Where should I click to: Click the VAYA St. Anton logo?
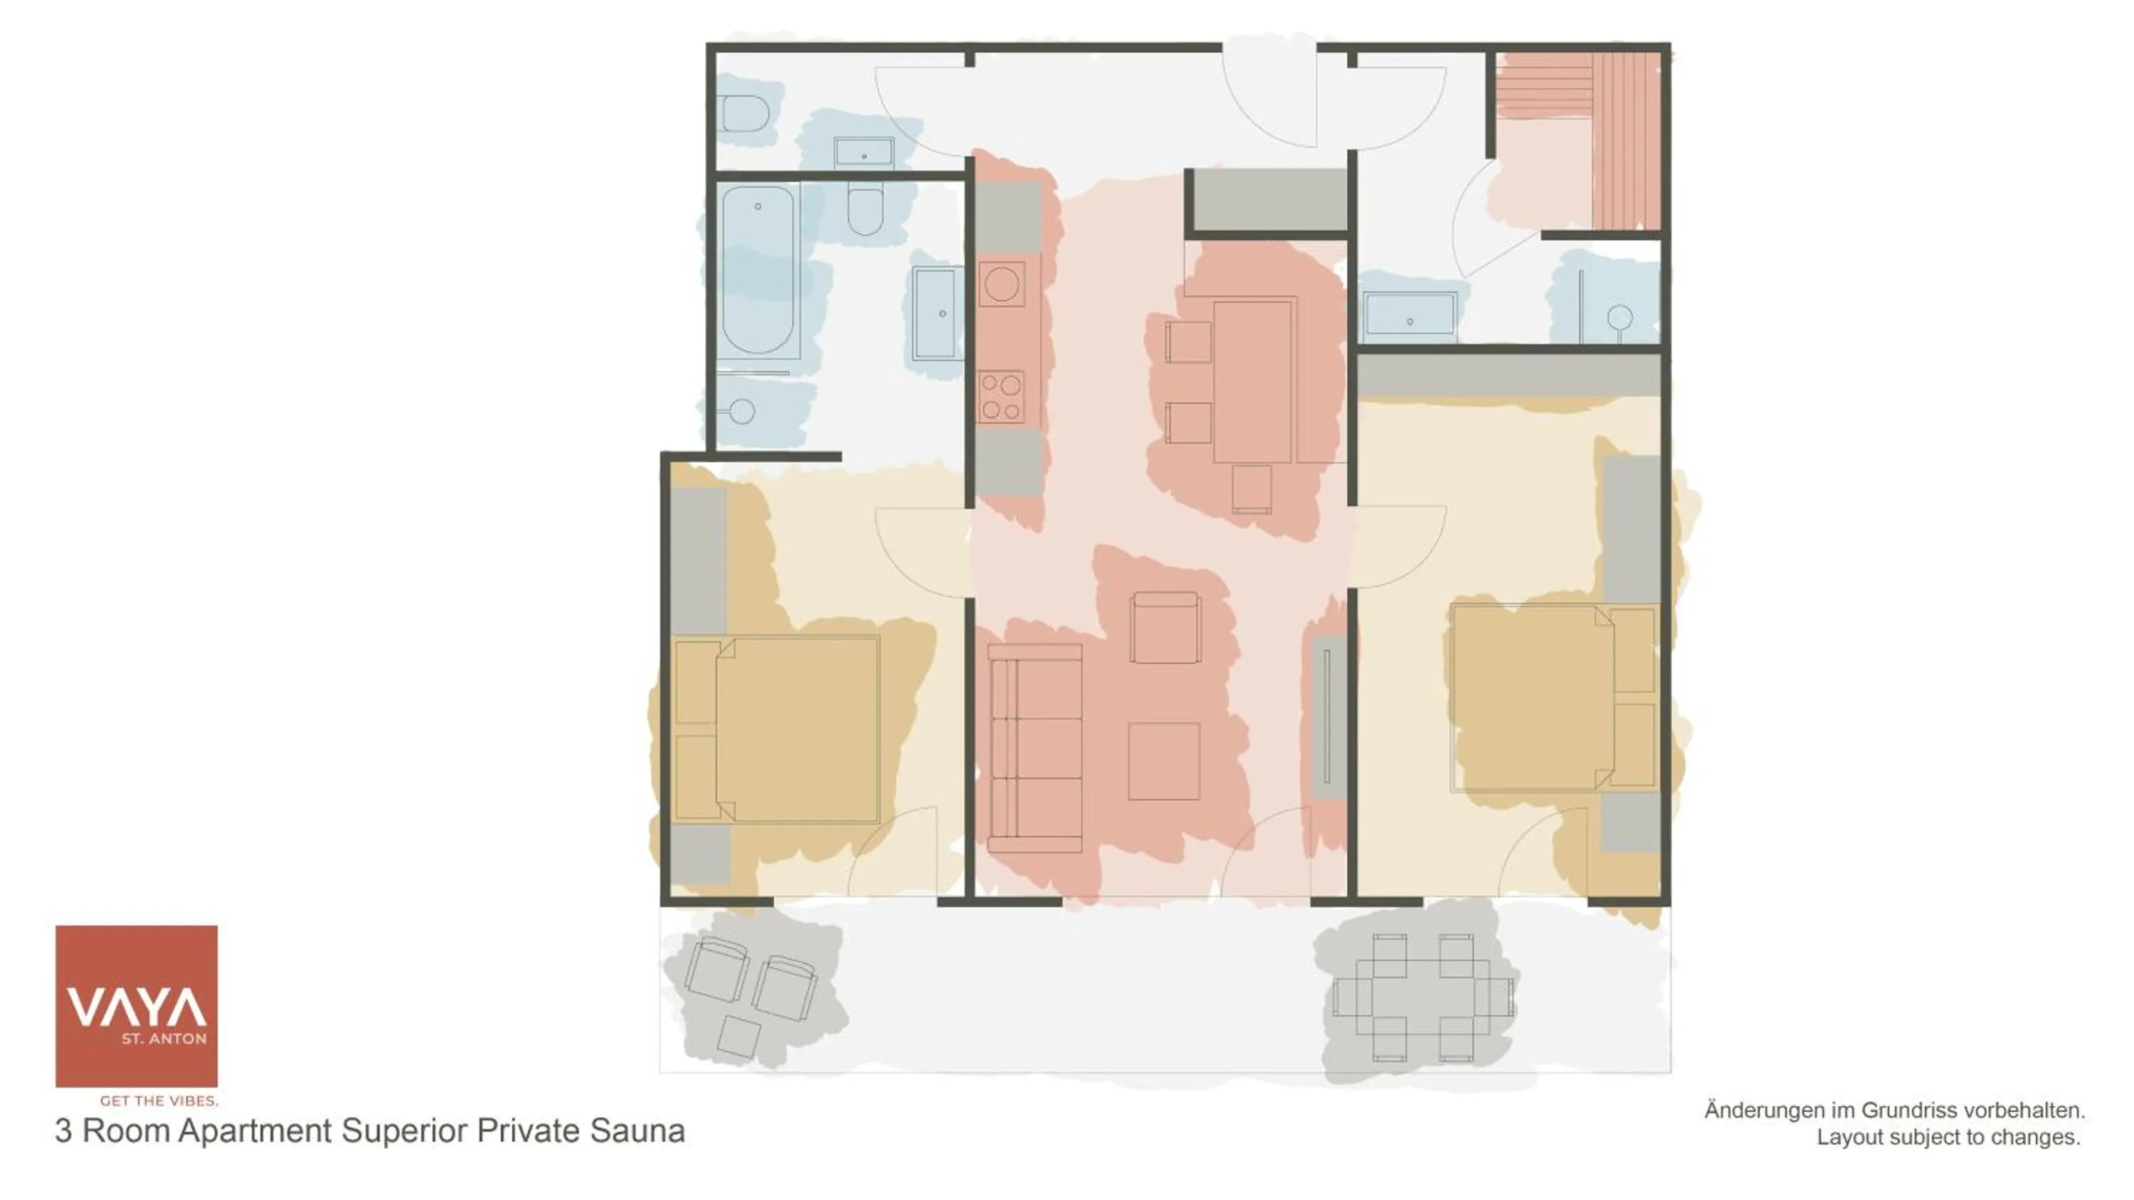[136, 1005]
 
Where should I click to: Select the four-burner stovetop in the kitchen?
[1000, 397]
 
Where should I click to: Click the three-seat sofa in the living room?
[1035, 749]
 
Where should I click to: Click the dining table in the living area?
[1253, 381]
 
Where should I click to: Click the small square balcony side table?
[738, 1037]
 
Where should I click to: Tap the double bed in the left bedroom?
[777, 729]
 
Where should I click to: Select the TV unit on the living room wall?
[1327, 717]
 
